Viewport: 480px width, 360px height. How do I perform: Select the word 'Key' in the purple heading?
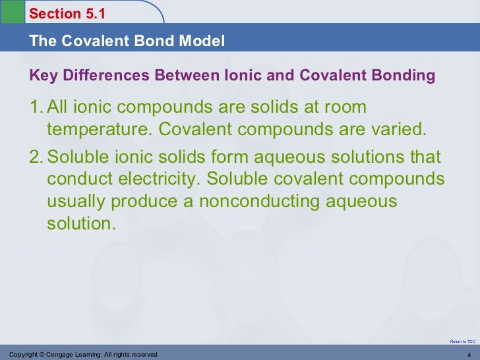pos(42,76)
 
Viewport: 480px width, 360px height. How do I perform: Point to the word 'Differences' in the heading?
pos(99,76)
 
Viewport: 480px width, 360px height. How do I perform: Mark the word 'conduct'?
pos(76,180)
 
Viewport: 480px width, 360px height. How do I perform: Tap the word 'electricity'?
pos(160,180)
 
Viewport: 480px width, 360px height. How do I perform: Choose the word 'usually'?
pos(74,202)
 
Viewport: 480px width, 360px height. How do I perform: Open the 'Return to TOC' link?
pos(462,341)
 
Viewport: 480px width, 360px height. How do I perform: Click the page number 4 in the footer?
pos(469,355)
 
